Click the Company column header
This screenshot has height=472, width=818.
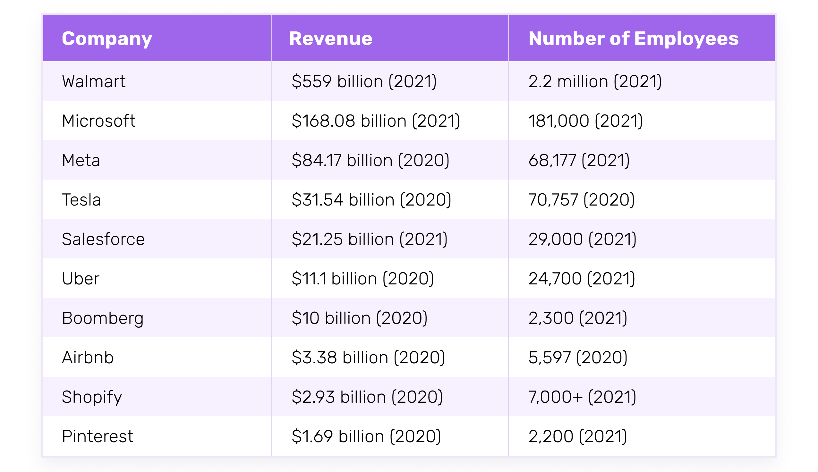107,38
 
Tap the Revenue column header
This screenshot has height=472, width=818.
330,38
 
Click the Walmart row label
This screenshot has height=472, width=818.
94,81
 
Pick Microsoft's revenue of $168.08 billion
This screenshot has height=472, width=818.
375,121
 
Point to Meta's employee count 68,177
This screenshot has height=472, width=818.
579,160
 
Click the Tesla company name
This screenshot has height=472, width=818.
81,200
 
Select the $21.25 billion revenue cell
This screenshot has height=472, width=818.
369,239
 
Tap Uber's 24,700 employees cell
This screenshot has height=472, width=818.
582,279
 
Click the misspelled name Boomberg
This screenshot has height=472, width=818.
102,318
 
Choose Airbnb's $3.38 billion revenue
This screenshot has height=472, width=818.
368,358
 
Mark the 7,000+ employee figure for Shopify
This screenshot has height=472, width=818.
582,397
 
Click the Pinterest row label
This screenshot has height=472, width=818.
97,436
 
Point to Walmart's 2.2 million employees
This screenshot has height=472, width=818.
595,81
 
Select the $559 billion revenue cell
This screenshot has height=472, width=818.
364,81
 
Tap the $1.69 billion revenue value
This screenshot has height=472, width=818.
366,436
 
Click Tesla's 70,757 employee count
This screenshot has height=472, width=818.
581,200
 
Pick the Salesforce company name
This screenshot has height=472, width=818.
103,239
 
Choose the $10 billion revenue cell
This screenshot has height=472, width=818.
359,318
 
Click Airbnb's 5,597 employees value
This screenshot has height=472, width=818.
578,358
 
